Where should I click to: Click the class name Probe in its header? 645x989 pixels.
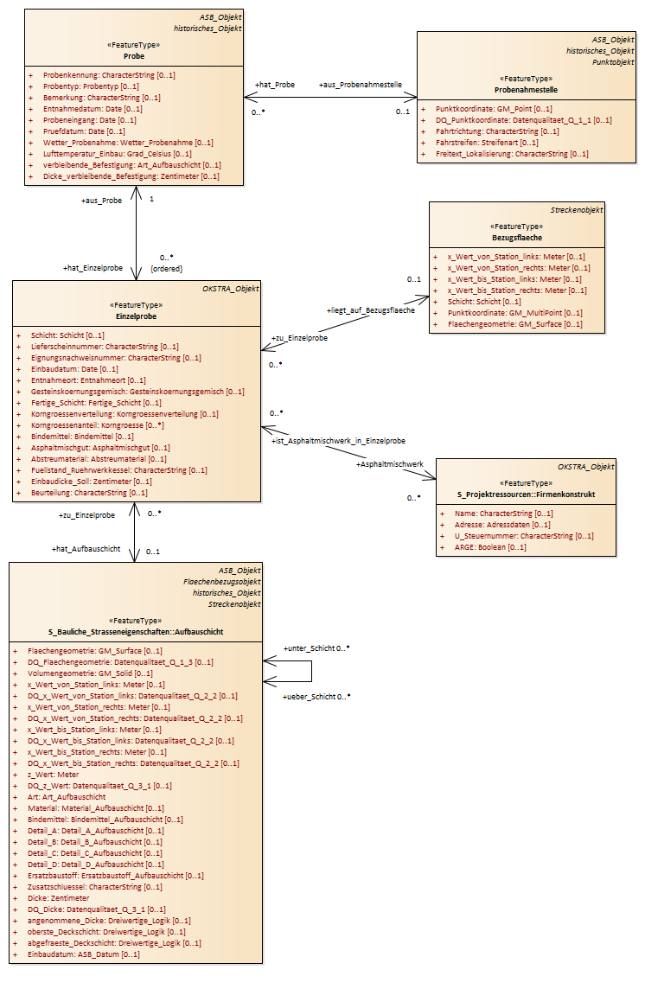click(134, 56)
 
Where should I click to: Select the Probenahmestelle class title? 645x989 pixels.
click(526, 90)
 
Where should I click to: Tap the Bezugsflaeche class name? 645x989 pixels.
click(517, 238)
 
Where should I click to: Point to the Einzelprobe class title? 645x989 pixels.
click(137, 316)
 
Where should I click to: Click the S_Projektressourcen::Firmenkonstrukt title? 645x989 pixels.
click(526, 494)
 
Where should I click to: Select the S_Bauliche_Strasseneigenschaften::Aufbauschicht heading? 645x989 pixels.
click(136, 632)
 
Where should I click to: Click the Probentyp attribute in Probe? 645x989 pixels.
click(91, 86)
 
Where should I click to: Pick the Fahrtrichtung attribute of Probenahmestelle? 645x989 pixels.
click(497, 131)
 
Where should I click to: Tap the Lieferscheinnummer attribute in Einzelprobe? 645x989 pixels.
click(105, 347)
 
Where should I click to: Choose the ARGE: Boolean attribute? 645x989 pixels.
click(490, 547)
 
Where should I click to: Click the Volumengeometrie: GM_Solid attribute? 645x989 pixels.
click(90, 673)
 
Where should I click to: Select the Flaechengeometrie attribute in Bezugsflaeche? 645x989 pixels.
click(515, 324)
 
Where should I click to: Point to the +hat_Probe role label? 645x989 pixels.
click(275, 85)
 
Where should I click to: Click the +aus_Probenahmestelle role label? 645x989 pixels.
click(361, 85)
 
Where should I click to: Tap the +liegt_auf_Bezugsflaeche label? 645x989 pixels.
click(370, 310)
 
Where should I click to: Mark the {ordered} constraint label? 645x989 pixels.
click(167, 269)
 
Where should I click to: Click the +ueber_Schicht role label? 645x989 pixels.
click(309, 697)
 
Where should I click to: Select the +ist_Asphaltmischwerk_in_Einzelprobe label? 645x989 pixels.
click(338, 441)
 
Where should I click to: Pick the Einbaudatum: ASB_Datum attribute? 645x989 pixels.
click(84, 955)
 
